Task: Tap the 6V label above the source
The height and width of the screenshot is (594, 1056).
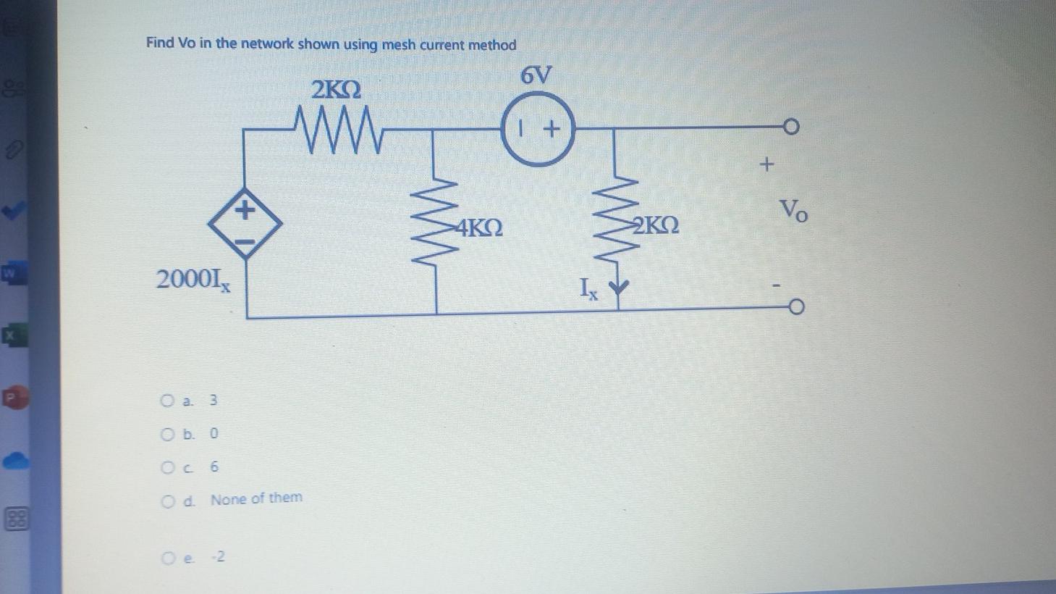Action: pyautogui.click(x=536, y=75)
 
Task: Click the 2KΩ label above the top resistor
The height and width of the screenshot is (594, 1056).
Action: pyautogui.click(x=336, y=91)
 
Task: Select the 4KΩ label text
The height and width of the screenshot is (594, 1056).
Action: pyautogui.click(x=478, y=229)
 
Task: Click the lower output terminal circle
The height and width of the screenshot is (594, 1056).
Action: pyautogui.click(x=795, y=309)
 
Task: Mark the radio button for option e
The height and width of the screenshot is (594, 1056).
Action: pyautogui.click(x=169, y=559)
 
